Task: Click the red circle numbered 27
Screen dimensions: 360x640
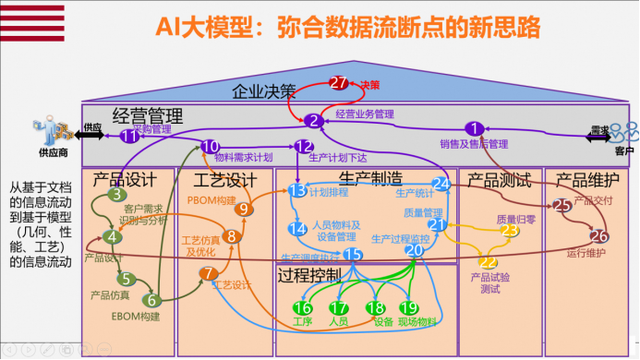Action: click(x=339, y=83)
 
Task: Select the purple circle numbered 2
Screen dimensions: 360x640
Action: click(x=313, y=120)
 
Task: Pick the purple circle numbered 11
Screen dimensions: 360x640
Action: click(x=130, y=136)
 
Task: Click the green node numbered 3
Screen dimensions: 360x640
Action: click(x=117, y=194)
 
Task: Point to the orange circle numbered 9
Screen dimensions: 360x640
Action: click(x=244, y=209)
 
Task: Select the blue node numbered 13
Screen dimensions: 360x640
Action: click(x=296, y=190)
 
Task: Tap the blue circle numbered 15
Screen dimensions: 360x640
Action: click(x=352, y=254)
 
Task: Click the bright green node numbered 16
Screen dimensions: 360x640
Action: click(x=302, y=307)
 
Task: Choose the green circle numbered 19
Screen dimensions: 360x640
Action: click(x=407, y=307)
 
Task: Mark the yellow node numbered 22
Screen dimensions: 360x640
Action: click(x=488, y=262)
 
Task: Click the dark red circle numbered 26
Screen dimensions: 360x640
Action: click(x=598, y=235)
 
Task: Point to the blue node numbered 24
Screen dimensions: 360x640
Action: click(x=441, y=184)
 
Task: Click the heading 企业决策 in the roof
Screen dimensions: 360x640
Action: click(x=263, y=91)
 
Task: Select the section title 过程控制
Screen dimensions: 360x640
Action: click(x=309, y=274)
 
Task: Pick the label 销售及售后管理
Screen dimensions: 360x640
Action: click(x=474, y=144)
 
